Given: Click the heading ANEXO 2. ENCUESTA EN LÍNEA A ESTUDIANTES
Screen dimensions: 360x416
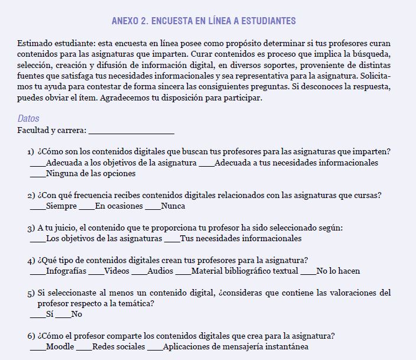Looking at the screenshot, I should coord(203,21).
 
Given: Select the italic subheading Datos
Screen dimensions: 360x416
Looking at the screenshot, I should coord(28,119).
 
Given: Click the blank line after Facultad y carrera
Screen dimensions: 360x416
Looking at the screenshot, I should coord(131,131).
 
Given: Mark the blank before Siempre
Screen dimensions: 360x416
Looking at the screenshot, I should coord(37,207).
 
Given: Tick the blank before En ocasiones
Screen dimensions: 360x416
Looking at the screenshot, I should coord(86,207).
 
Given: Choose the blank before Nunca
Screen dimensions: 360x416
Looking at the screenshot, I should coord(152,207).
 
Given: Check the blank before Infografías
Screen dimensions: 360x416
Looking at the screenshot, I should coord(37,272).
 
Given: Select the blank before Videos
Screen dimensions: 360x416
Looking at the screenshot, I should coord(96,272).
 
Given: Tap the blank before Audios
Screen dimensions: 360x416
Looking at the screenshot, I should coord(139,272).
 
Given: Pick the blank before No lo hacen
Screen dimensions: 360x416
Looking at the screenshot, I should coord(308,272).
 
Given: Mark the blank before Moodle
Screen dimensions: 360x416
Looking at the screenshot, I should coord(37,348).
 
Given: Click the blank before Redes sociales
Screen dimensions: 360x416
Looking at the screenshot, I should coord(84,348).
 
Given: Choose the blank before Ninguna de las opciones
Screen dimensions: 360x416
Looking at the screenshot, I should coord(37,174).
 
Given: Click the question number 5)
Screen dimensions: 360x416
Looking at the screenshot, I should coord(31,293).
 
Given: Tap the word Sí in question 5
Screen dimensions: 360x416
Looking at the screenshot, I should coord(50,314).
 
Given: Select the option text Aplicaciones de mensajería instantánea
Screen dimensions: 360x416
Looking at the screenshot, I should coord(236,347).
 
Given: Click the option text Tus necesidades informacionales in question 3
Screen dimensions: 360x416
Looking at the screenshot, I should coord(240,239).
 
